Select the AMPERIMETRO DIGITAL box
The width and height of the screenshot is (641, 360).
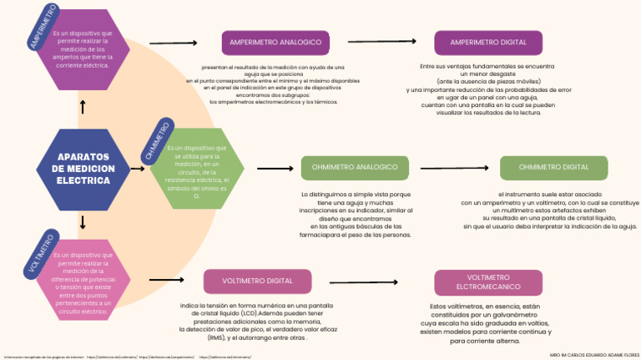(488, 43)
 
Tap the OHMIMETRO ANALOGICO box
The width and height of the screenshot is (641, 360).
(355, 168)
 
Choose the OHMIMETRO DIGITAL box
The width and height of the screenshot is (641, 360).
(553, 168)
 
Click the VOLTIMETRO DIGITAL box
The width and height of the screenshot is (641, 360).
(257, 281)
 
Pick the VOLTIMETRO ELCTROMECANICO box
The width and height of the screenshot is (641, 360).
(488, 281)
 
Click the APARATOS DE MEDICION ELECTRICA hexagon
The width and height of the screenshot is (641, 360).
(83, 170)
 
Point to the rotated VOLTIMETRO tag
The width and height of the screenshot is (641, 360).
(41, 252)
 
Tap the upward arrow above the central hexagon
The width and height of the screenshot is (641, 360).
(83, 107)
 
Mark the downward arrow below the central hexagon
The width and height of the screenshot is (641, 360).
(83, 222)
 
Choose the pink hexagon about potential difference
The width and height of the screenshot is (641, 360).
(82, 282)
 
